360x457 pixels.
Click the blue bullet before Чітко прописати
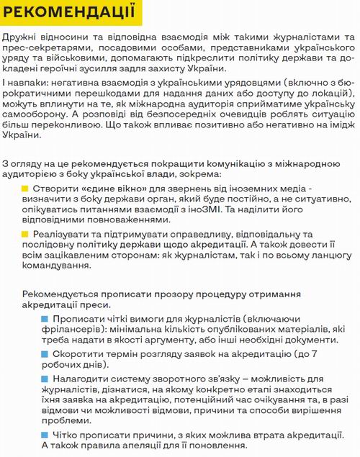pos(45,434)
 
